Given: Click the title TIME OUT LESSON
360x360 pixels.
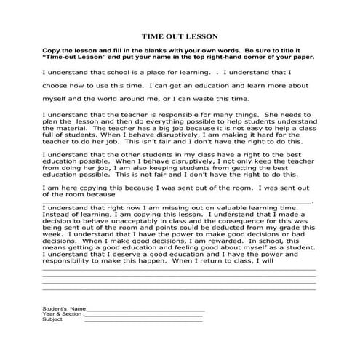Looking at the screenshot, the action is [x=180, y=35].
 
